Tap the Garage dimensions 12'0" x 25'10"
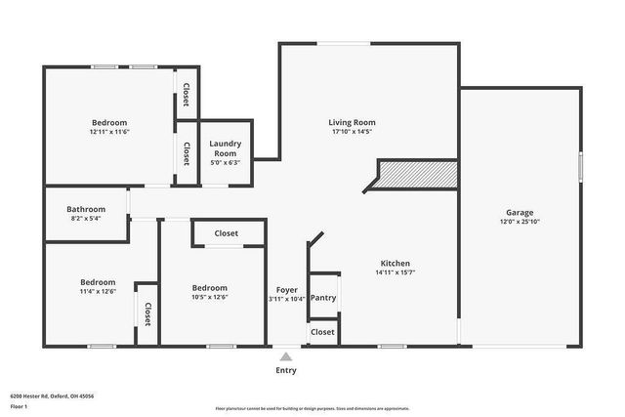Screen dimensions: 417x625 (x=519, y=222)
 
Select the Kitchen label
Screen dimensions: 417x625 (x=395, y=264)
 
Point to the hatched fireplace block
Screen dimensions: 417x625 (x=417, y=175)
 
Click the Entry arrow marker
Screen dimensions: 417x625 (x=285, y=357)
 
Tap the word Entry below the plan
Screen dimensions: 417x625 (x=285, y=370)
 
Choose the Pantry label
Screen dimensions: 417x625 (x=323, y=298)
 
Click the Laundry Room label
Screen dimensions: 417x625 (x=225, y=148)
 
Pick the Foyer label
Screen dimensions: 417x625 (x=286, y=290)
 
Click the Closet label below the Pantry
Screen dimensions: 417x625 (x=322, y=332)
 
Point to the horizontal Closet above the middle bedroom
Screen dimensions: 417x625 (x=227, y=233)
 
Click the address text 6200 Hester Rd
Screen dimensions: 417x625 (x=52, y=396)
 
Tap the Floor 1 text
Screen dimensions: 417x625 (x=19, y=405)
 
